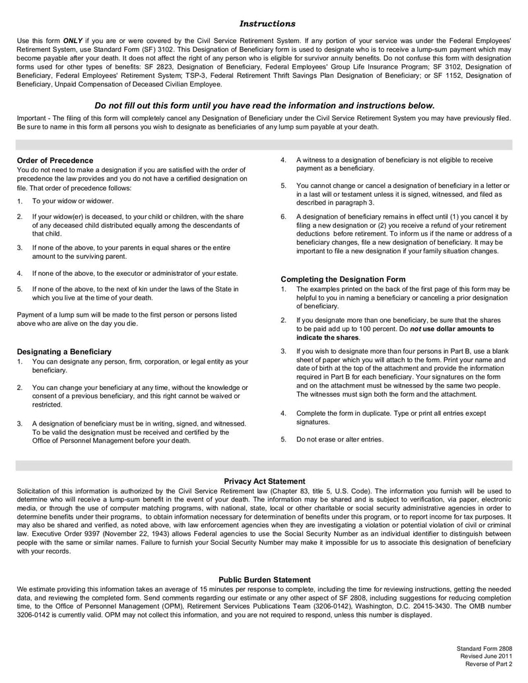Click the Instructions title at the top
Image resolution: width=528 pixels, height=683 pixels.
267,24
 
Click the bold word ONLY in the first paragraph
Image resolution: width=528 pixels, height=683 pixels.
73,41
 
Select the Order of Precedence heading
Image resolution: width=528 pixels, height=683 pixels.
55,160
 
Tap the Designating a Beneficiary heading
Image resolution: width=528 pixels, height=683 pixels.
64,352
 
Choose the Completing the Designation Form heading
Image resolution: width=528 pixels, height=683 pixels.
343,279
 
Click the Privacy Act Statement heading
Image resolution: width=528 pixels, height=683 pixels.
265,481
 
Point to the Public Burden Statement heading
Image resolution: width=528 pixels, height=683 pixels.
265,579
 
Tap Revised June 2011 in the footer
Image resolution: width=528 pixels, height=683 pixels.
486,657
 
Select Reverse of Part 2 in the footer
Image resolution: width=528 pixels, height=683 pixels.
488,665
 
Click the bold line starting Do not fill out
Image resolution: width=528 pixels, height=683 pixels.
265,105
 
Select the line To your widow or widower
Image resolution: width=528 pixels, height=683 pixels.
73,201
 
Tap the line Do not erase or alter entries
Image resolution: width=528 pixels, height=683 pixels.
339,439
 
